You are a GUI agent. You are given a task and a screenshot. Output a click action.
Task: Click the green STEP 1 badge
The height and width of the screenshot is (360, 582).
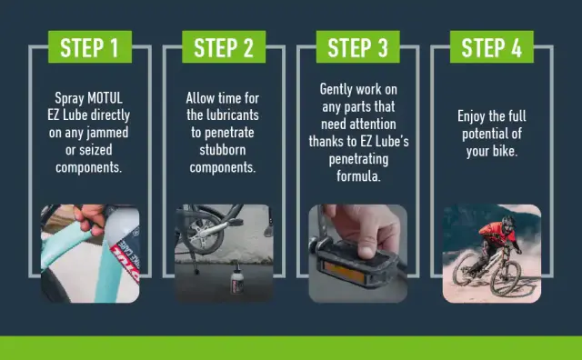pos(90,46)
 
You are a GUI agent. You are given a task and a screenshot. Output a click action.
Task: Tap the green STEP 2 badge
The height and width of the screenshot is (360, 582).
pos(224,46)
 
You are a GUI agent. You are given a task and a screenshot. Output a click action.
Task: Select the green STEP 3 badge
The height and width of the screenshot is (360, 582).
pos(357,46)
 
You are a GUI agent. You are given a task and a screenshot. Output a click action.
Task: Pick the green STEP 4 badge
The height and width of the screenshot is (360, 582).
pos(492,46)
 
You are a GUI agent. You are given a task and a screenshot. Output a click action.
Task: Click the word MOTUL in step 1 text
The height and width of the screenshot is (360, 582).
pos(105,98)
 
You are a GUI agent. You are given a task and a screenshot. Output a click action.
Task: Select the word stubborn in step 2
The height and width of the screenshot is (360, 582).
pos(222,150)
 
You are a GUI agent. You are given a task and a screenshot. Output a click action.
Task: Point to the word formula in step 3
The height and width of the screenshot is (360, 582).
pos(358,176)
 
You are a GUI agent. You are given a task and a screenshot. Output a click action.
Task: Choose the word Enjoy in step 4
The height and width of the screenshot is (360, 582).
pos(471,116)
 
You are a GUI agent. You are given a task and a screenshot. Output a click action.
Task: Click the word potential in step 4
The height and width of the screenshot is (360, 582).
pos(483,134)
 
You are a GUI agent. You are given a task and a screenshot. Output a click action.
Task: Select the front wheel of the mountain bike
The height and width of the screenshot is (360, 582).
pos(506,277)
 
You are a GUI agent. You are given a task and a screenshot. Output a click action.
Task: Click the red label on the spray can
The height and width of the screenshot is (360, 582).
pos(126,260)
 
